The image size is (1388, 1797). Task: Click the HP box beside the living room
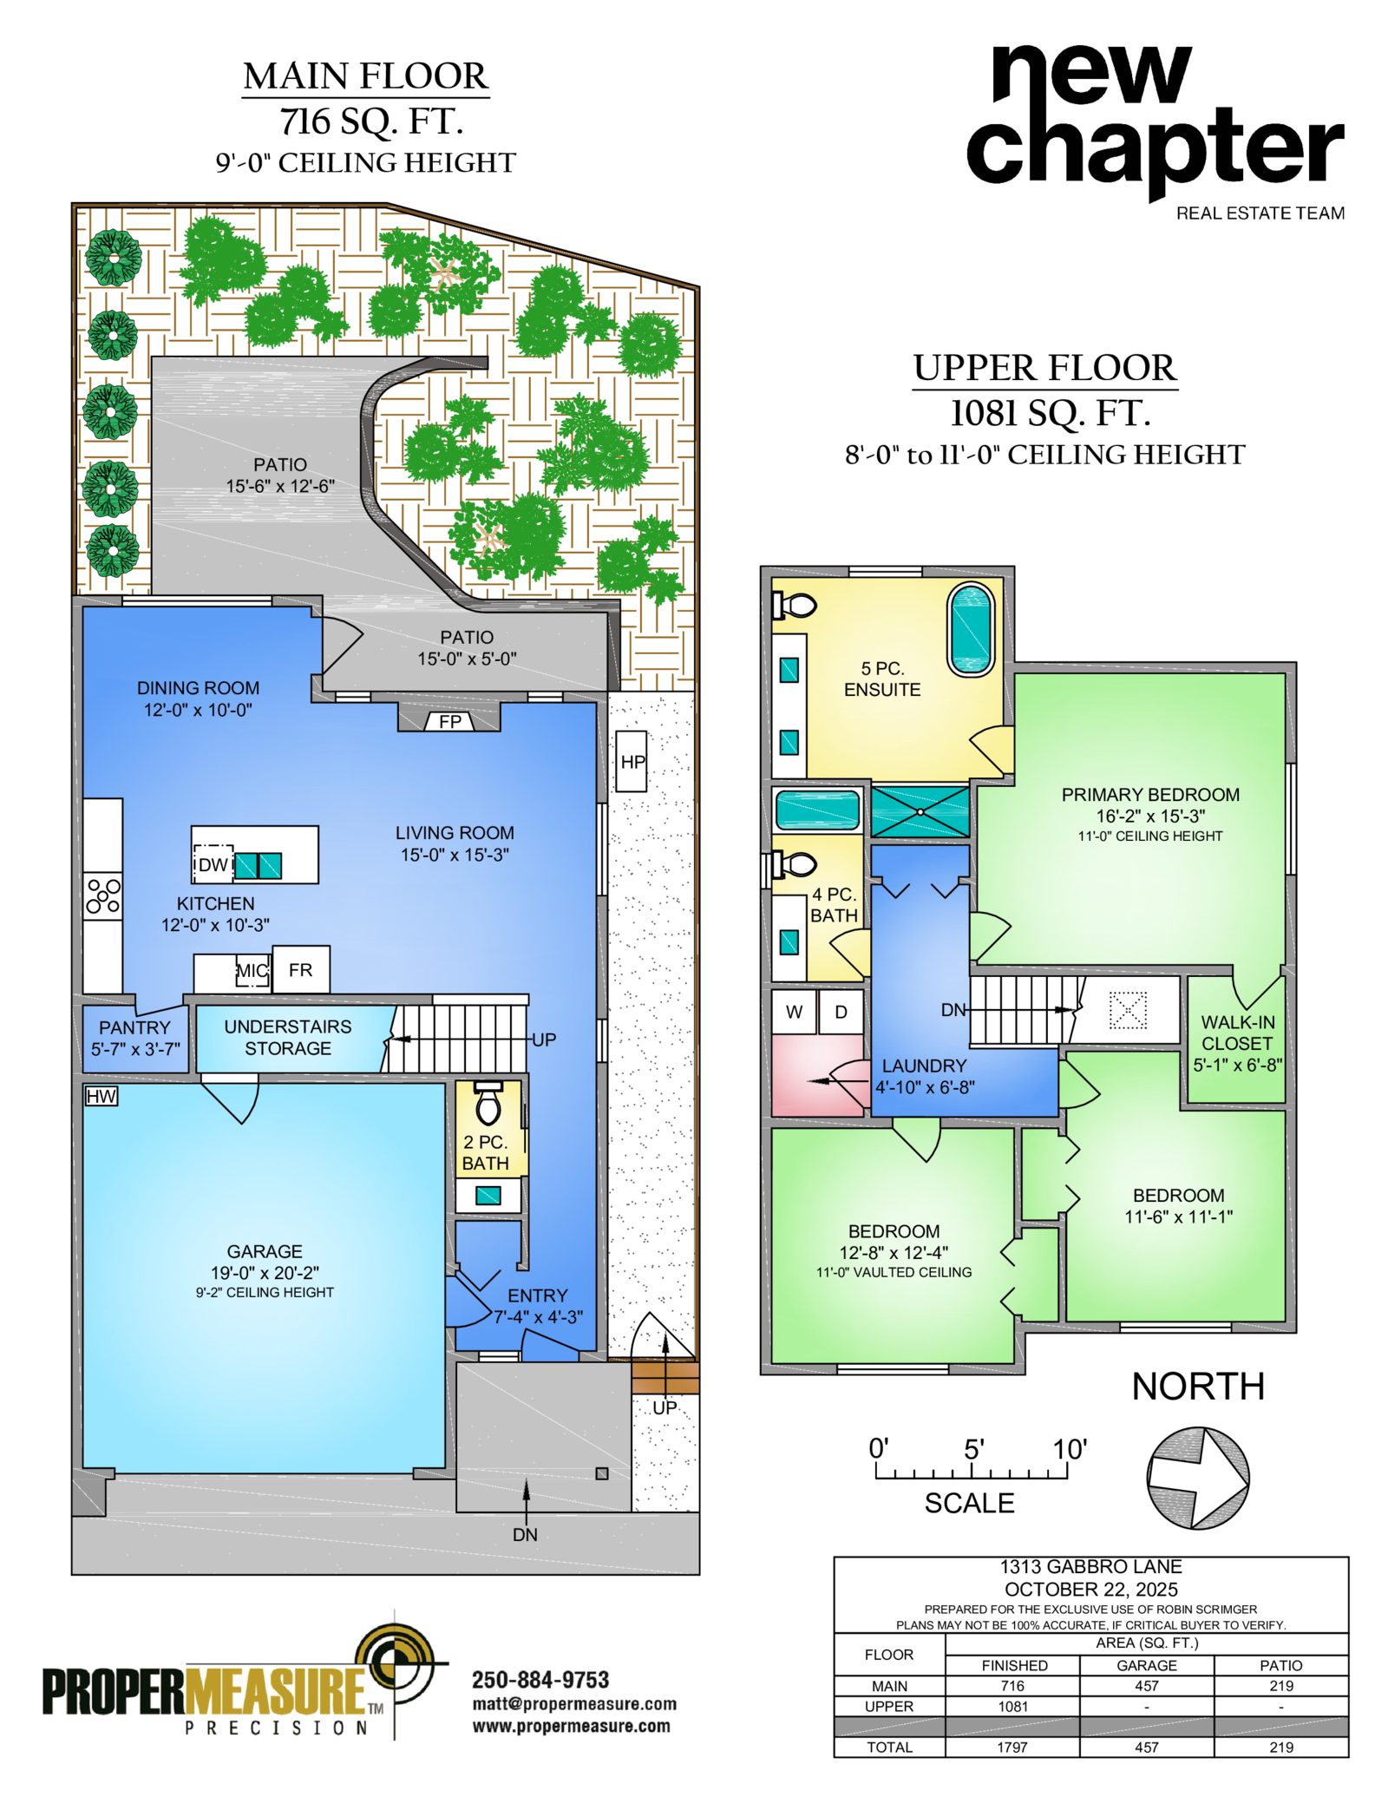(631, 761)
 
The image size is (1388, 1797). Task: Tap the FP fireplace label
(449, 721)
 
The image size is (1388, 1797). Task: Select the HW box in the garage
(101, 1096)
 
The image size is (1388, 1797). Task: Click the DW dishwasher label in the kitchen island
(213, 864)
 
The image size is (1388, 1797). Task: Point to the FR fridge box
(300, 969)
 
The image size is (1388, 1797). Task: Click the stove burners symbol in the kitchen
(103, 895)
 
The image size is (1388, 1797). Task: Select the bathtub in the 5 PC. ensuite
(971, 630)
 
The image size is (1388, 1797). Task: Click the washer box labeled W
(794, 1012)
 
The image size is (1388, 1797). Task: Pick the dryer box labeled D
(841, 1012)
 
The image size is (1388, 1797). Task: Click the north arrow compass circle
(1197, 1477)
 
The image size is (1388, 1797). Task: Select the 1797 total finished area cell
(1012, 1747)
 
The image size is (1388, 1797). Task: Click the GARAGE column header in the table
(1146, 1665)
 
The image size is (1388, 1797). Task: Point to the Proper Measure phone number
(540, 1680)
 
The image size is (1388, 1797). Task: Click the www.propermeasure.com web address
(571, 1726)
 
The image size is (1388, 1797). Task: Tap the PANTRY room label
(134, 1027)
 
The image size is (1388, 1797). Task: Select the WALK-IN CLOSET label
(1237, 1033)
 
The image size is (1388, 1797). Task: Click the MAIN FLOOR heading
(366, 76)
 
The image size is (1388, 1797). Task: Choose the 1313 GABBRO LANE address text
(1090, 1566)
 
